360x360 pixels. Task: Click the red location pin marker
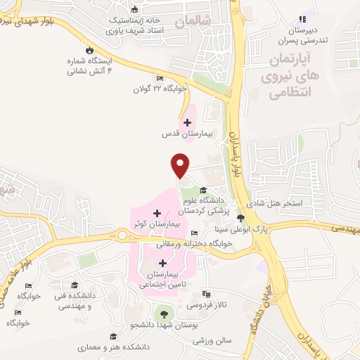181,165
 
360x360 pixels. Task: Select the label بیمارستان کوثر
157,223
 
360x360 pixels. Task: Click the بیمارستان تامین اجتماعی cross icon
162,263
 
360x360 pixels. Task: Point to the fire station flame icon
89,50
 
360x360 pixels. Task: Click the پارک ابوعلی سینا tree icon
241,218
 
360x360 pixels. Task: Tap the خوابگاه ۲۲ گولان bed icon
160,79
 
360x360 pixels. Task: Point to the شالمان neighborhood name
194,22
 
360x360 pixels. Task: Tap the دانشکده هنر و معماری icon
111,337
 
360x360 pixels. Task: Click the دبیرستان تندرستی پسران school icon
302,19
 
